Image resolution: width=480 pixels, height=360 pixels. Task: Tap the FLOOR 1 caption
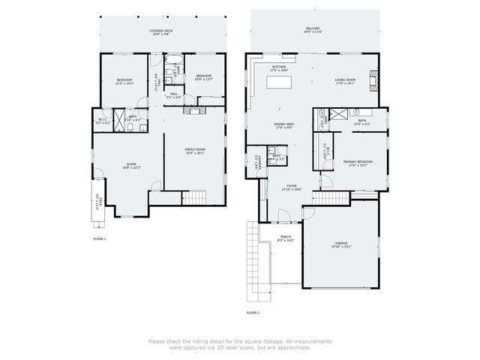[100, 238]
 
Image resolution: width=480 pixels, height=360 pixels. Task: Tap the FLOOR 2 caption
[253, 312]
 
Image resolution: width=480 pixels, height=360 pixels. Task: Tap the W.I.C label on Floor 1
[103, 121]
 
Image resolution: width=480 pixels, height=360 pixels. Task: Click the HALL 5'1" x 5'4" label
[173, 96]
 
